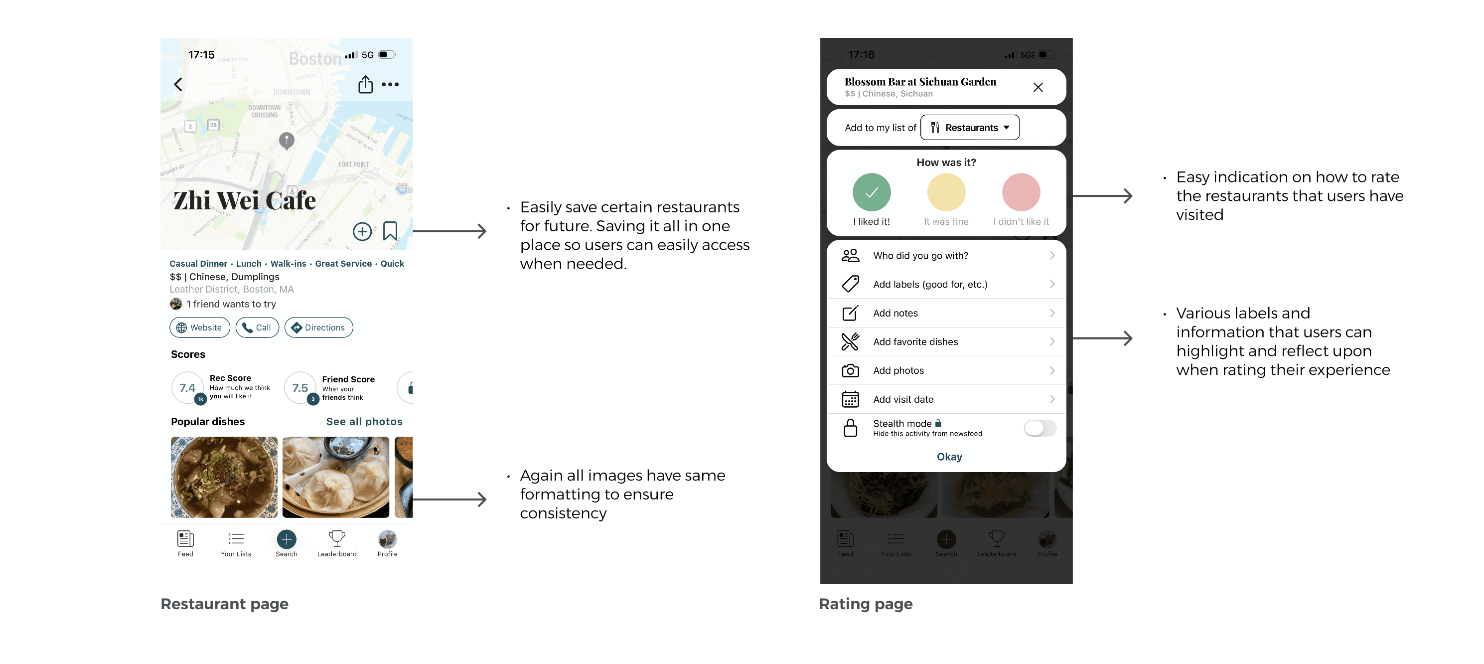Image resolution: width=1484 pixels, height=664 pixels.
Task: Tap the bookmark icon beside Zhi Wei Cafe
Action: [x=390, y=231]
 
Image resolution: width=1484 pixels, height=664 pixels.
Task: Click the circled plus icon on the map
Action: [x=362, y=232]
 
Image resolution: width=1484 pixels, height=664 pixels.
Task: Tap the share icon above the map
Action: [x=365, y=84]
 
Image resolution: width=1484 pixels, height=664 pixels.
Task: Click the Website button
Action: [x=199, y=328]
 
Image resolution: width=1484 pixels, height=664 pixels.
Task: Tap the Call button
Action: [x=257, y=328]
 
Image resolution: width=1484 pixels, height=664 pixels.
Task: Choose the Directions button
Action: [x=318, y=328]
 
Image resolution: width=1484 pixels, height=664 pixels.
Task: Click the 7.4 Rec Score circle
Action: [x=187, y=388]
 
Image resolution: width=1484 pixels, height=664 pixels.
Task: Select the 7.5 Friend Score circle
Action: [x=300, y=388]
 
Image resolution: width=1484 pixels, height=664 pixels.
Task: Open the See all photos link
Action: [x=364, y=421]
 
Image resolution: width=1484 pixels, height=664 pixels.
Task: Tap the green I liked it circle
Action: [x=871, y=192]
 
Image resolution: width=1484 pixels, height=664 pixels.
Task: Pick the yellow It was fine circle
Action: [x=946, y=192]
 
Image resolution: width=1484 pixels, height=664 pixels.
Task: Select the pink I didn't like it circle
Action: [x=1021, y=192]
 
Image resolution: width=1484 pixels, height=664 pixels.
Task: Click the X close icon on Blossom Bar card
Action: [x=1038, y=87]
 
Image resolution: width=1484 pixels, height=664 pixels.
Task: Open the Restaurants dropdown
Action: [x=970, y=128]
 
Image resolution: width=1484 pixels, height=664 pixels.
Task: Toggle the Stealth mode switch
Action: [x=1040, y=428]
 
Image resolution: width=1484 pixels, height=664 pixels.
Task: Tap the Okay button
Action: [x=949, y=457]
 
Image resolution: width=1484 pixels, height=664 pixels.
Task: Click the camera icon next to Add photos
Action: [x=850, y=370]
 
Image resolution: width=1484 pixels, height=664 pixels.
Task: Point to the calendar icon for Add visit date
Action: [x=850, y=399]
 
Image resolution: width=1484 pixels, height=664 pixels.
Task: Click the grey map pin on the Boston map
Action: [x=287, y=140]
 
